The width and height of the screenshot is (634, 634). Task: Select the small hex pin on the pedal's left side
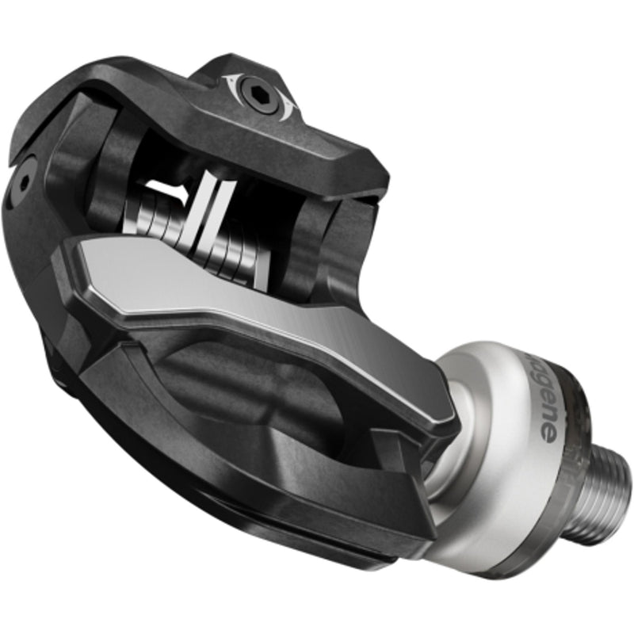click(x=25, y=181)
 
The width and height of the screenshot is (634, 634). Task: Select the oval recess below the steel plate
click(x=238, y=372)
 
